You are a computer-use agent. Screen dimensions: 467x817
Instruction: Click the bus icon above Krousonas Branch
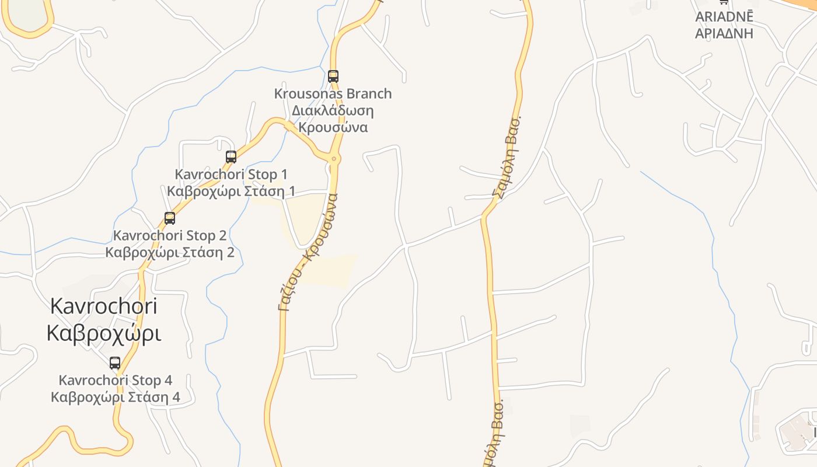click(x=333, y=76)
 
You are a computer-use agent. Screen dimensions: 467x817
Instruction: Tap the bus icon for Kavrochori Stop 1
click(x=231, y=156)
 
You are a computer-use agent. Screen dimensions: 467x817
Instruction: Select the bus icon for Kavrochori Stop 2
click(x=170, y=218)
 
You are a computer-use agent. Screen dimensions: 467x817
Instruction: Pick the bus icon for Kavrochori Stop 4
click(x=115, y=363)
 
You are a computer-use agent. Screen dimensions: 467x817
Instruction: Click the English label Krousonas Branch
click(x=333, y=93)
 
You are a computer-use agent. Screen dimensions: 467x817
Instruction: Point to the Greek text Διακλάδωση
click(x=333, y=110)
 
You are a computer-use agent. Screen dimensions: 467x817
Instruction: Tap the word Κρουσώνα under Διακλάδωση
click(x=333, y=127)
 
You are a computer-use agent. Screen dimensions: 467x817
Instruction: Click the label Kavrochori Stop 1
click(x=231, y=174)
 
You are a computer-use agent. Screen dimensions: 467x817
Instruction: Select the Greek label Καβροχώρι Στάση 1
click(x=231, y=191)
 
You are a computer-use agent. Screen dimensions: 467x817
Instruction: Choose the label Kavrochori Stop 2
click(x=170, y=235)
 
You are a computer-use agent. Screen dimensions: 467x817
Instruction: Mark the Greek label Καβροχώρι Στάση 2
click(x=170, y=252)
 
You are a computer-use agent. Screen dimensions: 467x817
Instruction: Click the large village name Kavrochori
click(x=104, y=305)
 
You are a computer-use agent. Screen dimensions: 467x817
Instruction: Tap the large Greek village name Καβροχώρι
click(x=104, y=333)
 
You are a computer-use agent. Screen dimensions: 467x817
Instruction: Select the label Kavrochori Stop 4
click(x=116, y=380)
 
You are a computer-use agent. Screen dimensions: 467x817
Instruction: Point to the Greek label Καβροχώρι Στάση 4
click(x=116, y=397)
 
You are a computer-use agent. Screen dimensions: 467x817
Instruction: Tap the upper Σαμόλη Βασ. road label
click(x=507, y=158)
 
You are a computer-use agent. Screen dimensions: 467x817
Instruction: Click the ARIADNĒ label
click(x=724, y=16)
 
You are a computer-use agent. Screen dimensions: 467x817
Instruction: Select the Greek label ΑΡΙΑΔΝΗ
click(x=724, y=33)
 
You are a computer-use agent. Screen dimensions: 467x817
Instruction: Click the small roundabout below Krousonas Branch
click(x=334, y=159)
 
